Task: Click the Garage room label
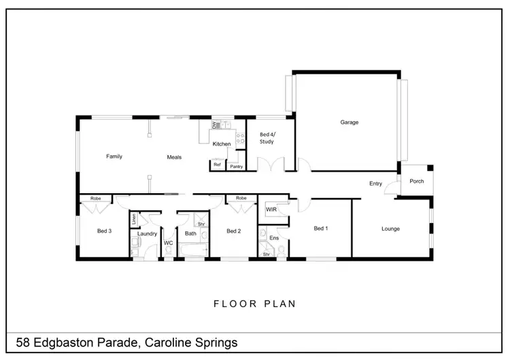(x=350, y=122)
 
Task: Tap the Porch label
(x=416, y=181)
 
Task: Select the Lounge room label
(x=390, y=229)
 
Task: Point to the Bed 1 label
(x=321, y=229)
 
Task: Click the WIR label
(x=271, y=210)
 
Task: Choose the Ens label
(x=274, y=238)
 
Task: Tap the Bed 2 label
(x=234, y=231)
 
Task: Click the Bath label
(x=190, y=233)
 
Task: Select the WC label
(x=168, y=242)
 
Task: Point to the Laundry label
(x=147, y=233)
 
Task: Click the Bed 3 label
(x=104, y=231)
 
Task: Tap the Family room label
(x=114, y=157)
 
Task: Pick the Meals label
(x=175, y=157)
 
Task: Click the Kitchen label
(x=222, y=144)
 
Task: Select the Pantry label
(x=237, y=166)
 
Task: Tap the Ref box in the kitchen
(x=217, y=165)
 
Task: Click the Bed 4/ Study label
(x=268, y=139)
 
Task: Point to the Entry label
(x=375, y=183)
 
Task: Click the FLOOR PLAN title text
(x=255, y=304)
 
